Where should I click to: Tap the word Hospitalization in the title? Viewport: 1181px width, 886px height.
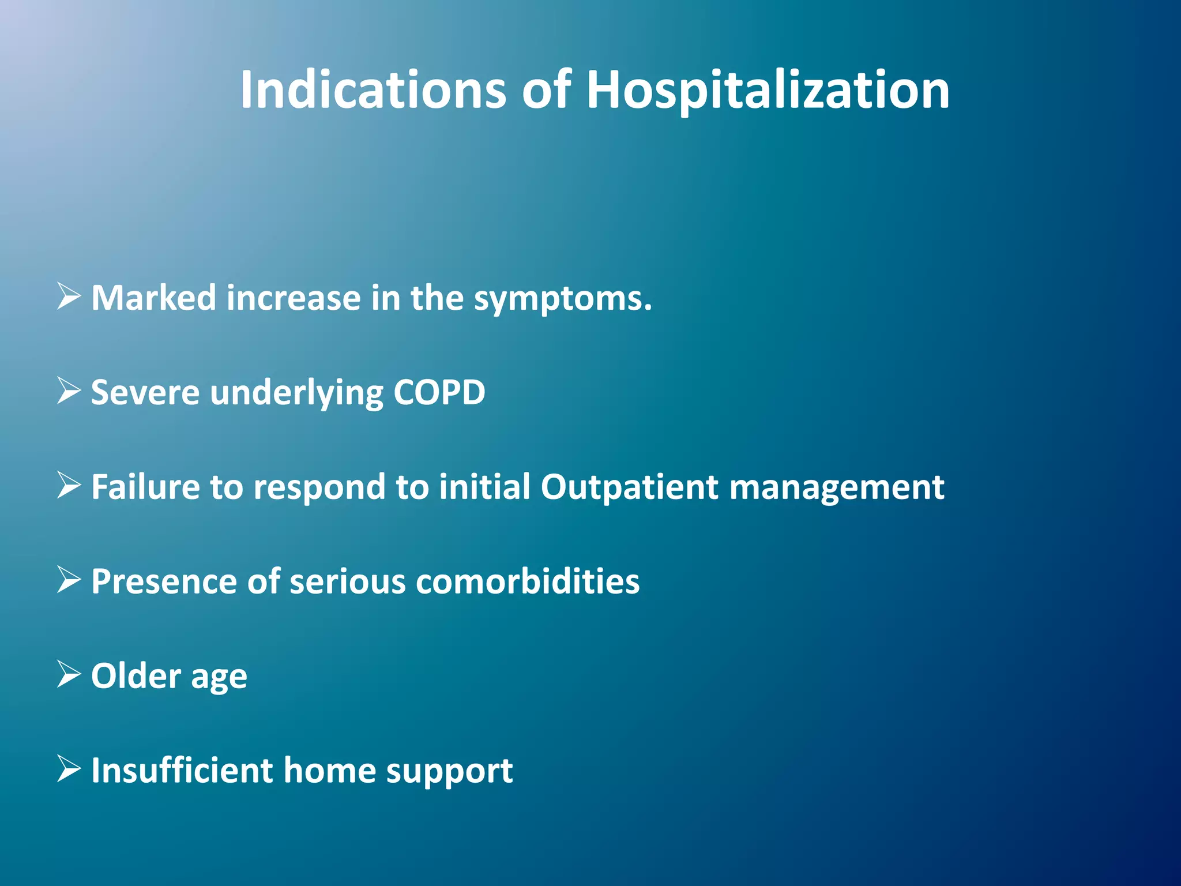(x=768, y=91)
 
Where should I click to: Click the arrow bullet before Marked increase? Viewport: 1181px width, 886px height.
(x=69, y=297)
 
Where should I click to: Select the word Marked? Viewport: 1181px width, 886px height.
(x=153, y=298)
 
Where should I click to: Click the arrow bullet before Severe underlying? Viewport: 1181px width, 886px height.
(x=69, y=391)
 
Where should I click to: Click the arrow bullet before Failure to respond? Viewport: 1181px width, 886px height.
(x=69, y=486)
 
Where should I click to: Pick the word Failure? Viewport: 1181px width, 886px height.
(x=145, y=487)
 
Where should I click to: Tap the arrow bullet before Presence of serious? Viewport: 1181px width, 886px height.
(x=69, y=580)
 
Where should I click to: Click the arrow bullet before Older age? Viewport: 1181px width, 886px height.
(x=69, y=674)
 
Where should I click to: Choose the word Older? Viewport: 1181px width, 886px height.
(x=136, y=675)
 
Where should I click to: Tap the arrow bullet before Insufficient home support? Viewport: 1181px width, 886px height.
(x=69, y=769)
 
